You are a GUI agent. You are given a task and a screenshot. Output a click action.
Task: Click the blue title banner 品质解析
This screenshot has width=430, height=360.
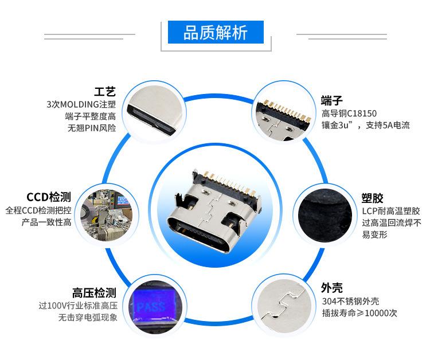tap(215, 33)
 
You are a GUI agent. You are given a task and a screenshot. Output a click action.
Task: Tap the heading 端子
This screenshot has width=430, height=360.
tap(332, 99)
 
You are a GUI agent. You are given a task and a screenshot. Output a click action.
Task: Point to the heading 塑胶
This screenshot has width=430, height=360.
tap(372, 198)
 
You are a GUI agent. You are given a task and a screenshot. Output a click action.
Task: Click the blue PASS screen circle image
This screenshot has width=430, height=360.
tap(150, 304)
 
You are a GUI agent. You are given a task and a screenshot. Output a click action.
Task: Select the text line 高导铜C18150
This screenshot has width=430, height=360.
tap(349, 113)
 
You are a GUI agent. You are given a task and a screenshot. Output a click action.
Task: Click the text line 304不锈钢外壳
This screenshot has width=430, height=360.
tap(350, 302)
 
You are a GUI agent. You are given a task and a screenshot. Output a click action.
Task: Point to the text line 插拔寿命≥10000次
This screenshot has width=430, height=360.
tap(359, 314)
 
